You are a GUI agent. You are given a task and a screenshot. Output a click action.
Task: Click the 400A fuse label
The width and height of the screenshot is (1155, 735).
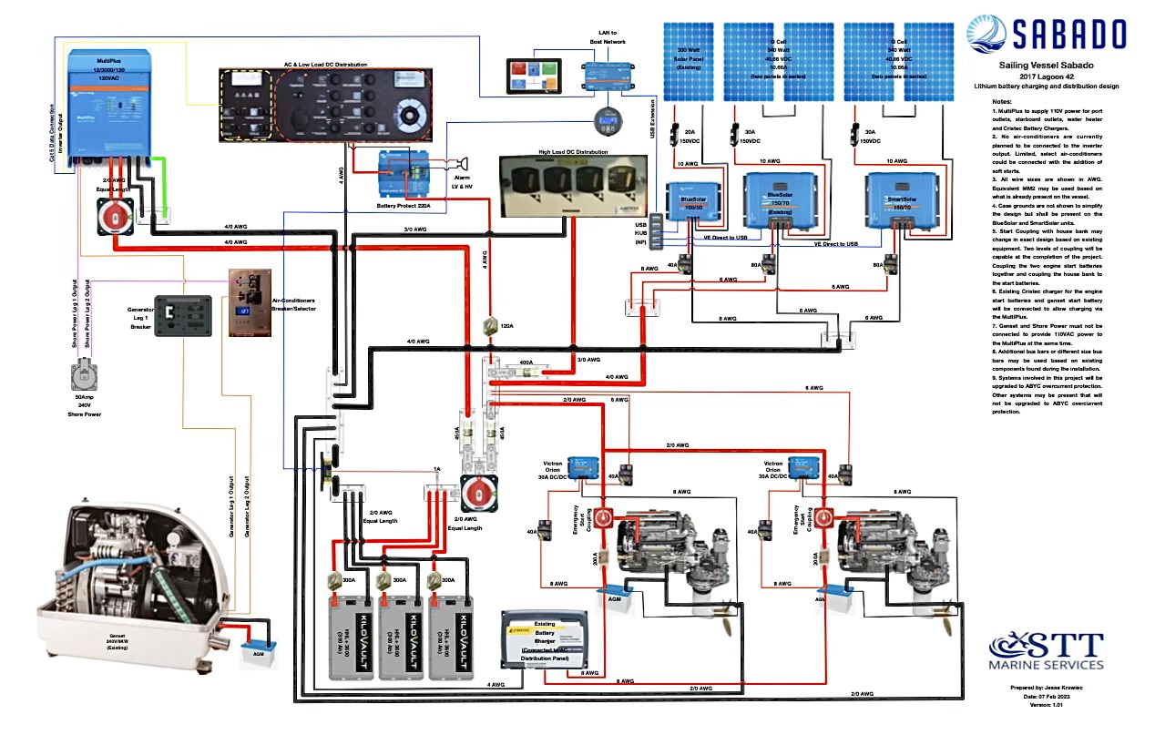(x=525, y=362)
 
